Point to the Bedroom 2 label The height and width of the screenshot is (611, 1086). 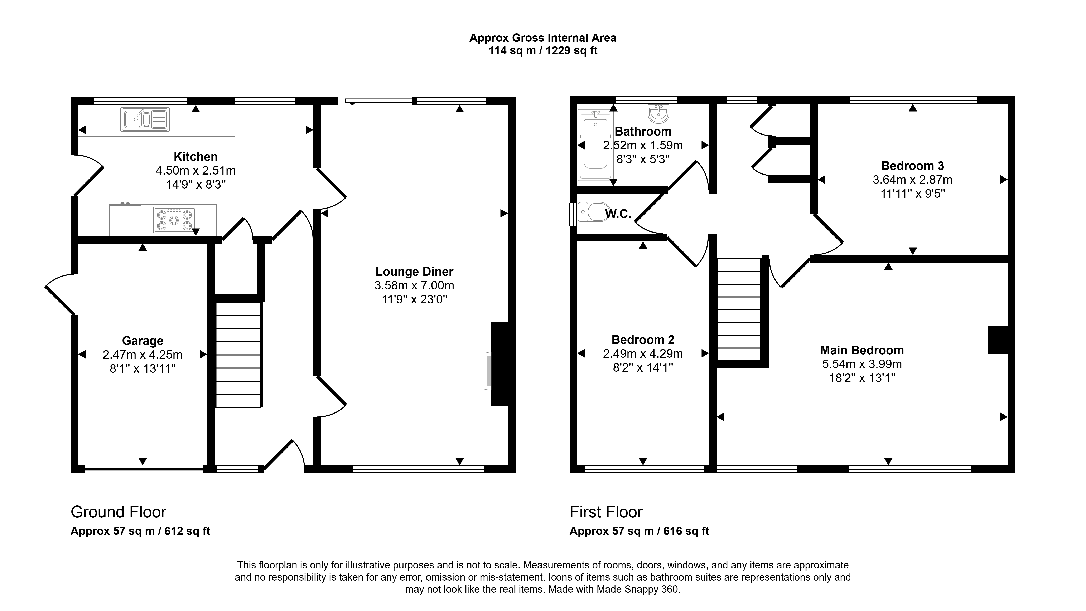point(643,340)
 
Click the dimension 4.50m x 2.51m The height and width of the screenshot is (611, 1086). point(196,171)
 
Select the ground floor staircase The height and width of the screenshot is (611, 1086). point(238,355)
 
